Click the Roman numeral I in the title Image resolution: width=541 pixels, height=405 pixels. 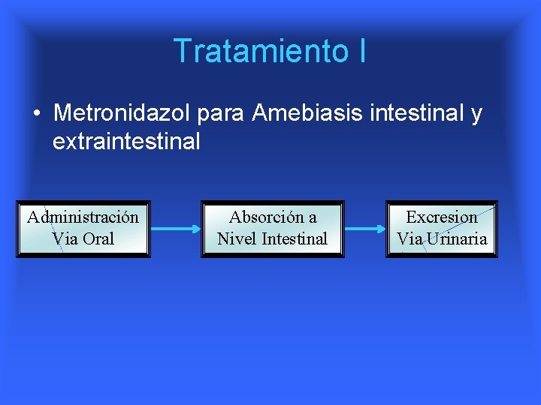361,51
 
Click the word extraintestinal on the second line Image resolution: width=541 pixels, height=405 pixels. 126,141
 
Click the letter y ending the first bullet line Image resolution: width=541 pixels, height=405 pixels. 476,115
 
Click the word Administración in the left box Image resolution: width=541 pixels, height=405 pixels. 83,217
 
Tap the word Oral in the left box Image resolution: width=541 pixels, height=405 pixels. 98,239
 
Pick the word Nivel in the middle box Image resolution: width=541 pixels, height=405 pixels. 234,239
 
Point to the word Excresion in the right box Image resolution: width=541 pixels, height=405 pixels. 442,217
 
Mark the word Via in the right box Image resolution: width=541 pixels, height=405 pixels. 410,239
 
